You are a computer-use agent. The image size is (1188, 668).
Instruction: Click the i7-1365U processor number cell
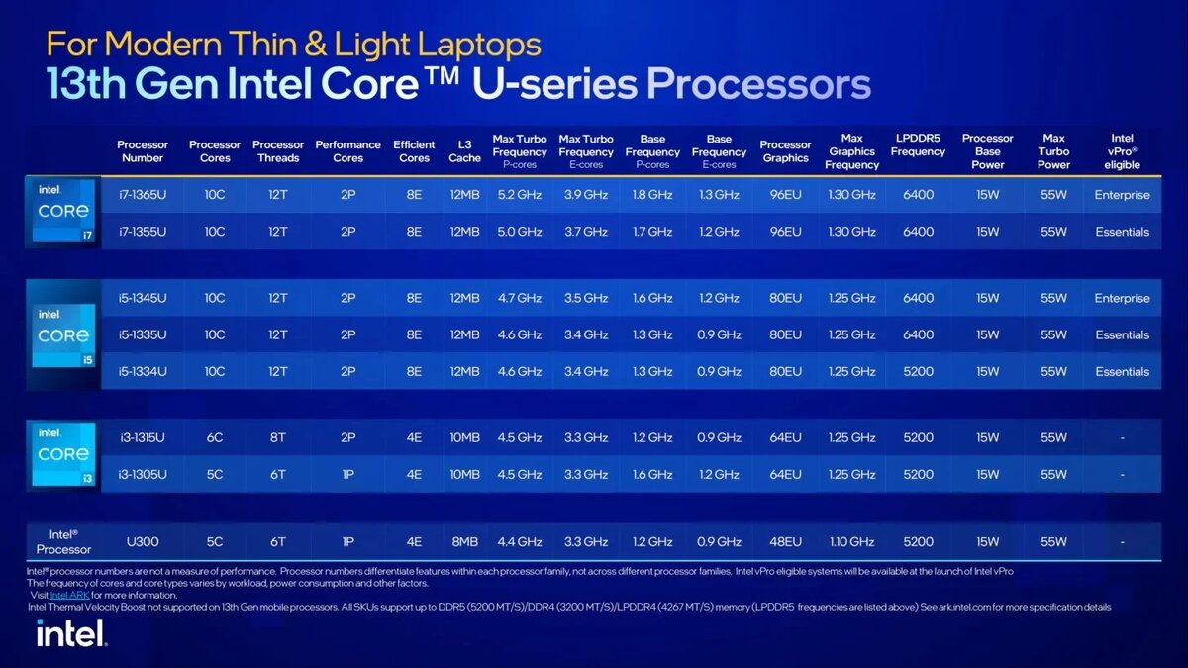pyautogui.click(x=142, y=195)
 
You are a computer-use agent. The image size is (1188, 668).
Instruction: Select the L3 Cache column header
pyautogui.click(x=464, y=151)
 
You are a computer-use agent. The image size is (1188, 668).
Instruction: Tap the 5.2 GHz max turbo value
pyautogui.click(x=520, y=195)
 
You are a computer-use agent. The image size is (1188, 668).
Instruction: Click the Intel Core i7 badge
pyautogui.click(x=63, y=212)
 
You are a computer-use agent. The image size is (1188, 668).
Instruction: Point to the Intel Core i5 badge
pyautogui.click(x=63, y=335)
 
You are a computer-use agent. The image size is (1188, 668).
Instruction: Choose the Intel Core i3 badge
pyautogui.click(x=63, y=455)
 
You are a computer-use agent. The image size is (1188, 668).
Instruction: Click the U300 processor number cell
pyautogui.click(x=142, y=541)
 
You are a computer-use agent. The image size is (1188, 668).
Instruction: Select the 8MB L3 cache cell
pyautogui.click(x=464, y=541)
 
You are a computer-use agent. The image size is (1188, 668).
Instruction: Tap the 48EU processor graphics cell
pyautogui.click(x=785, y=541)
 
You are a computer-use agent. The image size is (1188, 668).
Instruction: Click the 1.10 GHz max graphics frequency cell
pyautogui.click(x=851, y=541)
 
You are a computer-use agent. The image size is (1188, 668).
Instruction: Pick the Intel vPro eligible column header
pyautogui.click(x=1122, y=151)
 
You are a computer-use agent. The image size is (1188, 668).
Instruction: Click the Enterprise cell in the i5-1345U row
pyautogui.click(x=1122, y=298)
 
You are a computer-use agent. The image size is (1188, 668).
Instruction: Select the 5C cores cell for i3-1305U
pyautogui.click(x=215, y=474)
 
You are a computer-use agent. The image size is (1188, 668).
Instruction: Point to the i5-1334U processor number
pyautogui.click(x=142, y=371)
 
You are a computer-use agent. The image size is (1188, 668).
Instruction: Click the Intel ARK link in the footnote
pyautogui.click(x=68, y=595)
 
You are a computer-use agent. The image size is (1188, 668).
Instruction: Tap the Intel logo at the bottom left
pyautogui.click(x=71, y=633)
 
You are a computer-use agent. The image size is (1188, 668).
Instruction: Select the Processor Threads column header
pyautogui.click(x=278, y=151)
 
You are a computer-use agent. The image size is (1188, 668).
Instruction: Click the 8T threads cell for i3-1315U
pyautogui.click(x=278, y=437)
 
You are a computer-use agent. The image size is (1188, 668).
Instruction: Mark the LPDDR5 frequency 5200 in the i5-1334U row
pyautogui.click(x=918, y=371)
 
